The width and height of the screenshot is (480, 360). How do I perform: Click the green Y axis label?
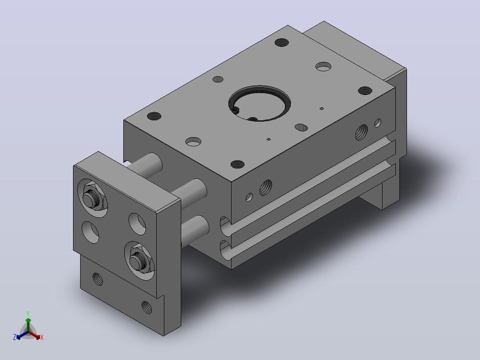click(x=28, y=313)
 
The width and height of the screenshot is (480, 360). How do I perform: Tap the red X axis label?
click(x=42, y=337)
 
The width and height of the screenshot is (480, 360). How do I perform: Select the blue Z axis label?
click(x=15, y=337)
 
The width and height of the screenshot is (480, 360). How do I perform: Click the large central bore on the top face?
click(x=260, y=103)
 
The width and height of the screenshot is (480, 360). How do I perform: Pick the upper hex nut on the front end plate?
click(x=93, y=198)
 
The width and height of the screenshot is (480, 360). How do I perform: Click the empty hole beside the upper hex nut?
click(x=137, y=224)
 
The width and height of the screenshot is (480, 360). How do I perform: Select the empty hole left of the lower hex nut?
click(x=91, y=232)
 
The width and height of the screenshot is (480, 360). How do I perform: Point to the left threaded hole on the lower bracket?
click(x=98, y=279)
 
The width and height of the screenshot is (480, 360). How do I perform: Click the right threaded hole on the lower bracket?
click(x=146, y=307)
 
